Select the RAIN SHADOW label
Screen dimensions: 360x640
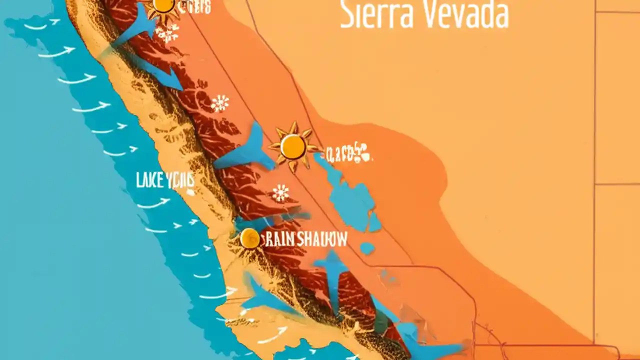pyautogui.click(x=305, y=239)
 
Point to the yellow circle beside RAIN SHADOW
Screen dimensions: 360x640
pyautogui.click(x=249, y=238)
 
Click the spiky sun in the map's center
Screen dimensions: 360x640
pyautogui.click(x=292, y=146)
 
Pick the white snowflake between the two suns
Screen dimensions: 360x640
pyautogui.click(x=220, y=103)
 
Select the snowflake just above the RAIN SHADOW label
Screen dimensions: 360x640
pyautogui.click(x=280, y=193)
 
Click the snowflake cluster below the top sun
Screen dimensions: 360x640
pyautogui.click(x=167, y=33)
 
